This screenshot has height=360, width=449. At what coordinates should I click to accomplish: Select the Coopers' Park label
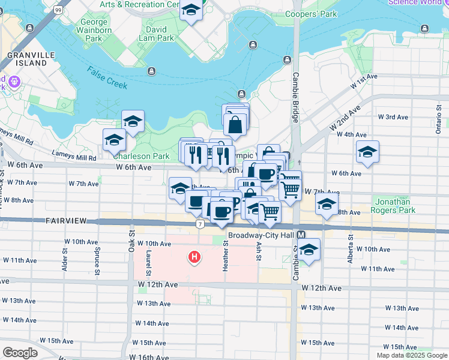tap(311, 14)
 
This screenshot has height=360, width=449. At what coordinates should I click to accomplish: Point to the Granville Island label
tap(28, 58)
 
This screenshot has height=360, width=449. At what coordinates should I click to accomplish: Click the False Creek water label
tap(107, 77)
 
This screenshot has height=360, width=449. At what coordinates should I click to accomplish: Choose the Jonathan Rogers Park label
tap(394, 206)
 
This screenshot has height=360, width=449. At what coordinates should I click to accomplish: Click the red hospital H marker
tap(194, 258)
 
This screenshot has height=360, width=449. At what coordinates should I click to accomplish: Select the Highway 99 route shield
tap(57, 10)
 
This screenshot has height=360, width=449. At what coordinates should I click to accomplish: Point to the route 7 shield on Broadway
tap(199, 224)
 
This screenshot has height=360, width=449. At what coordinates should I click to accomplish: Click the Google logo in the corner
tap(20, 353)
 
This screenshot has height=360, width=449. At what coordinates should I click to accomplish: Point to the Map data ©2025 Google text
tap(412, 355)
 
